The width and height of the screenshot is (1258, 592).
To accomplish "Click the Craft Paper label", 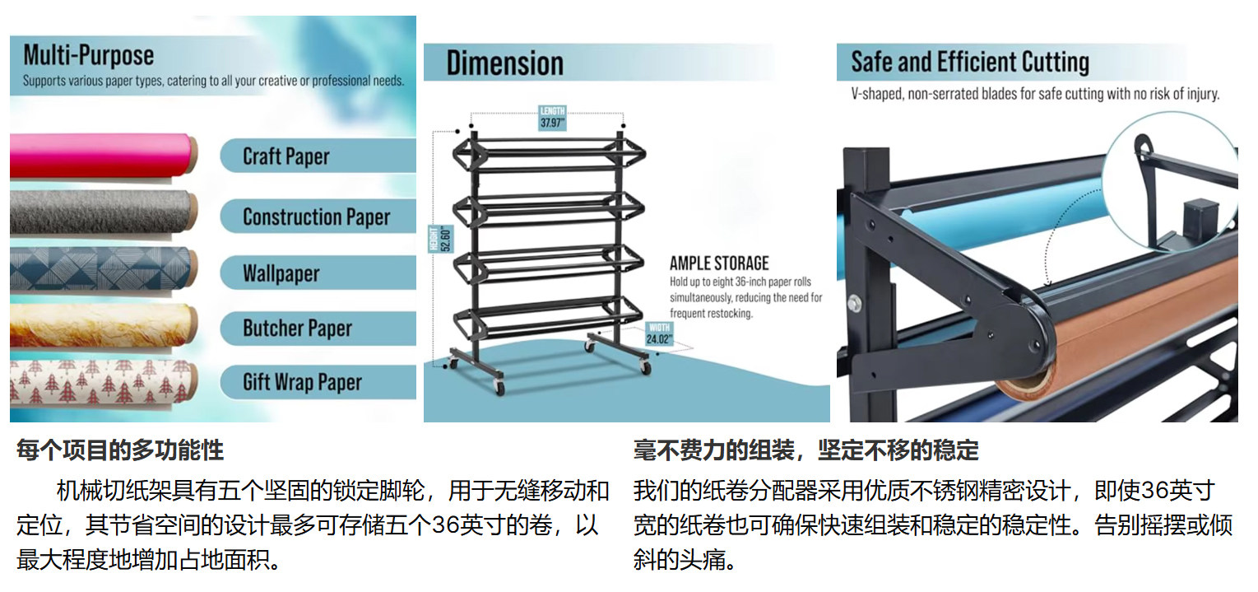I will (286, 156).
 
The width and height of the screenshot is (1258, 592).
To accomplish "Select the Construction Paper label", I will (316, 217).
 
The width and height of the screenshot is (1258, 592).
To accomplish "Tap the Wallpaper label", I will (281, 273).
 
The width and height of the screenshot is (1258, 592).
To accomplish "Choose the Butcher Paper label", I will (297, 329).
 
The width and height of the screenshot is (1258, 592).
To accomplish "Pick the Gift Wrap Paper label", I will (302, 383).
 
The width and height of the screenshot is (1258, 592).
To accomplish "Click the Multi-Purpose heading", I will (89, 56).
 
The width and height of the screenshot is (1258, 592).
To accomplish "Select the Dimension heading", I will (504, 63).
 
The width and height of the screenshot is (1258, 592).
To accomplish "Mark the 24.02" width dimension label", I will (660, 334).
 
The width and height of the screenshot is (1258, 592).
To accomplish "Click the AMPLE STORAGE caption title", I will (719, 263).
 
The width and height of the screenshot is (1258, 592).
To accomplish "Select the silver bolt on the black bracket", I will (856, 301).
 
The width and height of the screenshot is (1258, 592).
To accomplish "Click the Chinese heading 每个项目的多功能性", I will (120, 450).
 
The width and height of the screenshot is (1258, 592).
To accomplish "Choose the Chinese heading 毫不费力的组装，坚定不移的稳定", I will (805, 450).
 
